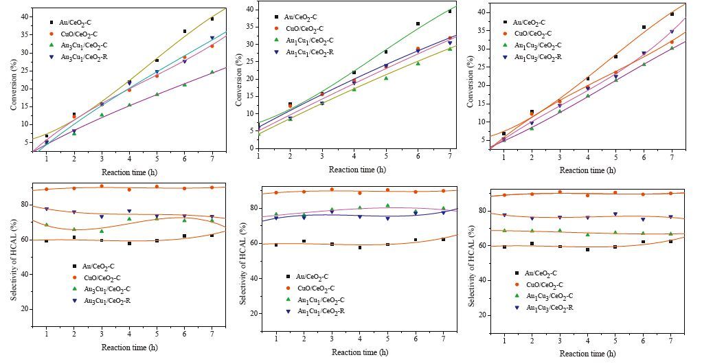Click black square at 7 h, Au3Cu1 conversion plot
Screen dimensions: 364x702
pos(212,19)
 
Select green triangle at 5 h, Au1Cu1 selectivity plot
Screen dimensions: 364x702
pos(387,205)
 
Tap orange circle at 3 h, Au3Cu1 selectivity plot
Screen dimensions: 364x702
pos(102,186)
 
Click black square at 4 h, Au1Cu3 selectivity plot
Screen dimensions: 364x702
pos(587,249)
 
